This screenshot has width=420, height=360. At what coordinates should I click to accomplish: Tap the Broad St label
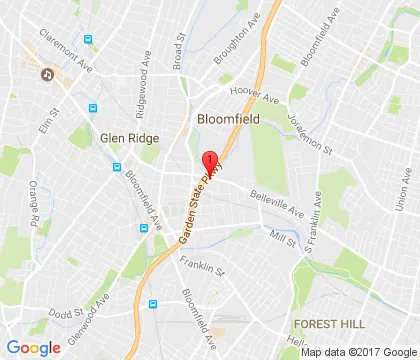(180, 52)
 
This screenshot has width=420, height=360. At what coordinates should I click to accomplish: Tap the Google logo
(33, 347)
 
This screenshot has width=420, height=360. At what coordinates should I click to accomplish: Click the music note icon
(46, 73)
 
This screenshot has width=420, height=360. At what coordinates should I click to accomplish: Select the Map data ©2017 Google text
(358, 351)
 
